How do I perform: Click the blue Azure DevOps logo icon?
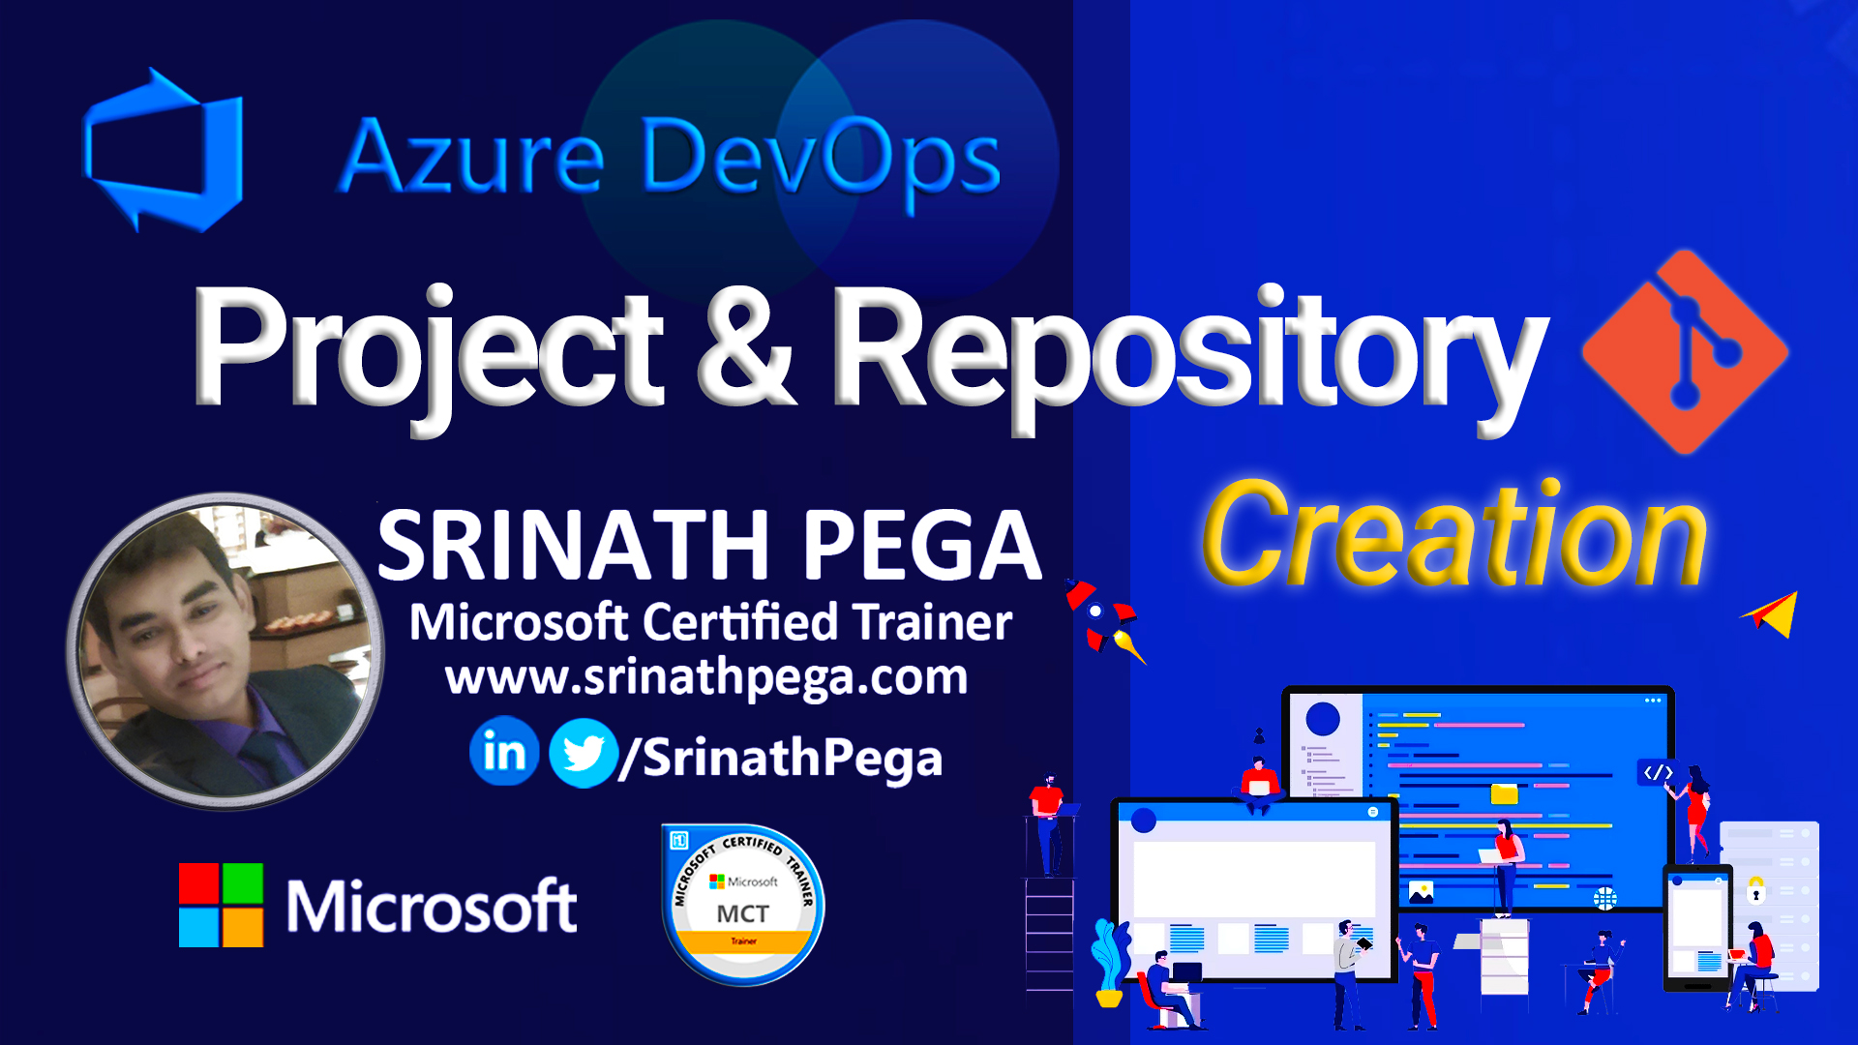pyautogui.click(x=163, y=150)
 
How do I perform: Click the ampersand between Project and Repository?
pyautogui.click(x=745, y=348)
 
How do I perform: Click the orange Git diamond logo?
pyautogui.click(x=1685, y=351)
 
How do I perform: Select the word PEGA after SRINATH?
pyautogui.click(x=921, y=547)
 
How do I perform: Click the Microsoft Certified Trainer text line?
pyautogui.click(x=710, y=622)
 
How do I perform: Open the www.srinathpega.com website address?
pyautogui.click(x=706, y=677)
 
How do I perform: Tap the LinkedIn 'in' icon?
pyautogui.click(x=504, y=752)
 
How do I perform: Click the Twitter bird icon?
pyautogui.click(x=583, y=753)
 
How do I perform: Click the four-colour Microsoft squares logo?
pyautogui.click(x=221, y=905)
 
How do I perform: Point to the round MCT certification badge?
pyautogui.click(x=742, y=905)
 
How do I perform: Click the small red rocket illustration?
pyautogui.click(x=1101, y=615)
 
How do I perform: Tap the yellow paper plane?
pyautogui.click(x=1773, y=613)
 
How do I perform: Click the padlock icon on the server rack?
pyautogui.click(x=1755, y=890)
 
